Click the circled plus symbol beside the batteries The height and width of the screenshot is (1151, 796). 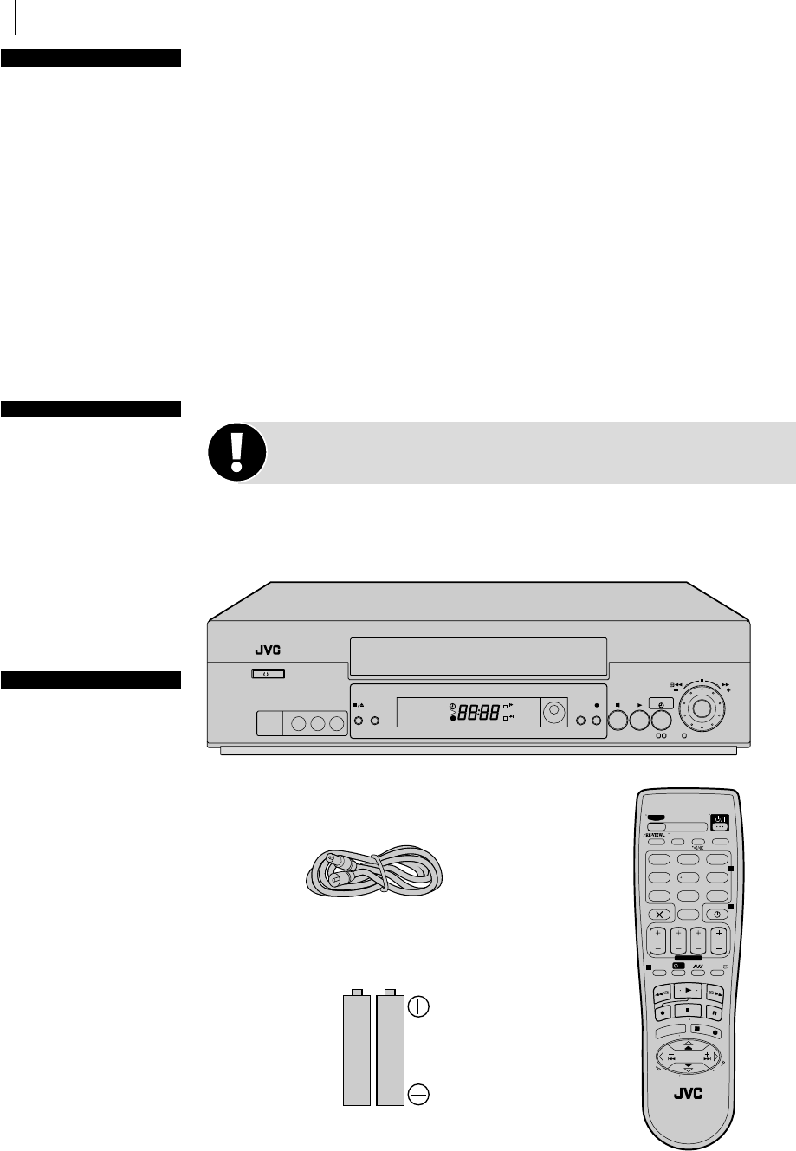(418, 1006)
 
